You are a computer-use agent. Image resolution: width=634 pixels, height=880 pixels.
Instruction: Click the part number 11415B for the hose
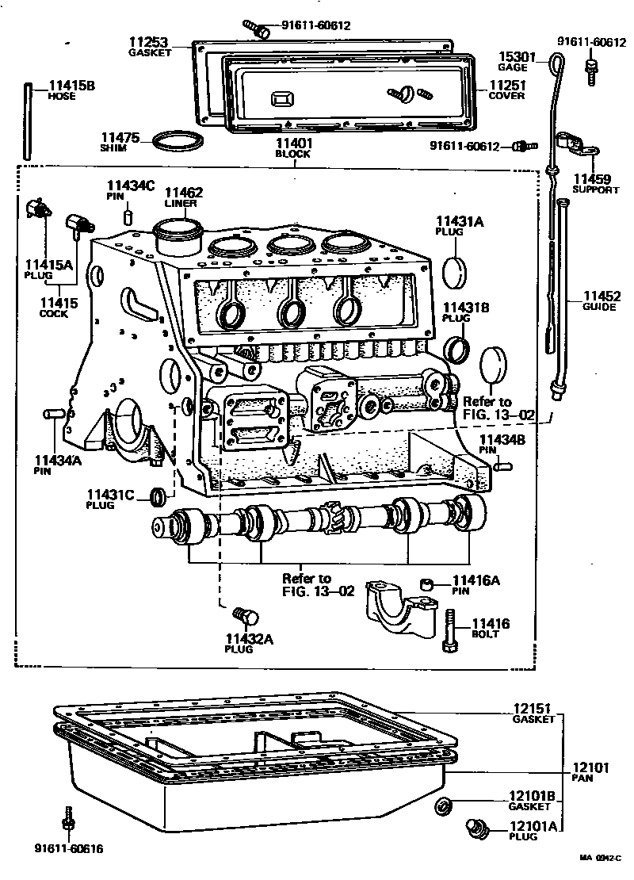(x=71, y=85)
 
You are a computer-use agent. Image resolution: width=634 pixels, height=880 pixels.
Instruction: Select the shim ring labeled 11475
(x=175, y=142)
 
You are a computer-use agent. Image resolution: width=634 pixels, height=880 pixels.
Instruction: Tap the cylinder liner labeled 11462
(x=178, y=235)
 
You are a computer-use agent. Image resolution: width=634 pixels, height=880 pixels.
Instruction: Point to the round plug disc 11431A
(x=457, y=272)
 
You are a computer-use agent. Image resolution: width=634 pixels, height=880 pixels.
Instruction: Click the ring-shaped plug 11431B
(x=457, y=348)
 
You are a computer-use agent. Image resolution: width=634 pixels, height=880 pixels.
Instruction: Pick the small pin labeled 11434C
(x=128, y=216)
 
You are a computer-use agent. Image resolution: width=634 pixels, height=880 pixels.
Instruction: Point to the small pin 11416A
(x=428, y=584)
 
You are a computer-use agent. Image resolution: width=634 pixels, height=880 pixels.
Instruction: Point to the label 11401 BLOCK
(x=294, y=148)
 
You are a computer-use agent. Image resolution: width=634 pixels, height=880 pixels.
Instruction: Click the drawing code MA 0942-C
(x=600, y=858)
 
